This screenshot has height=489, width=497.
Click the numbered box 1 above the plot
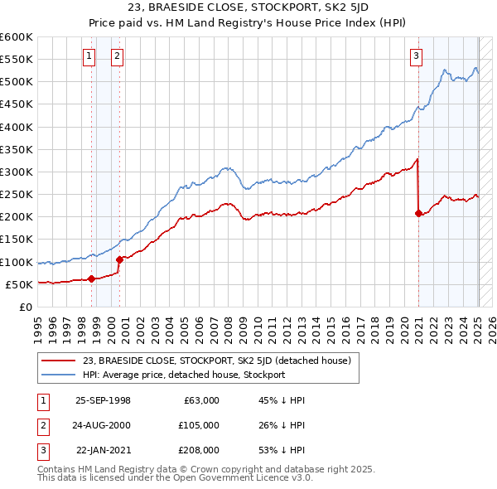click(x=89, y=56)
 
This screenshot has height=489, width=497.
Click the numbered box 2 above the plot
click(x=117, y=56)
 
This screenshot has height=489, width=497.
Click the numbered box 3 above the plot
click(x=415, y=56)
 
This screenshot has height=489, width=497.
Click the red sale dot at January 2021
click(x=418, y=213)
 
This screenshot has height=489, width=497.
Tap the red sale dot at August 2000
click(x=120, y=259)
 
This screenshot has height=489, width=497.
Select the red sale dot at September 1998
click(x=91, y=278)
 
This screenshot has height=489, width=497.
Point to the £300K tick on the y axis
click(x=17, y=172)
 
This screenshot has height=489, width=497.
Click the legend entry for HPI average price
click(x=184, y=375)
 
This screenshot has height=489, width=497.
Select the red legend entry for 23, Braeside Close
click(x=218, y=361)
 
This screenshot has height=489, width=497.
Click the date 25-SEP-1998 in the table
click(x=103, y=400)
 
